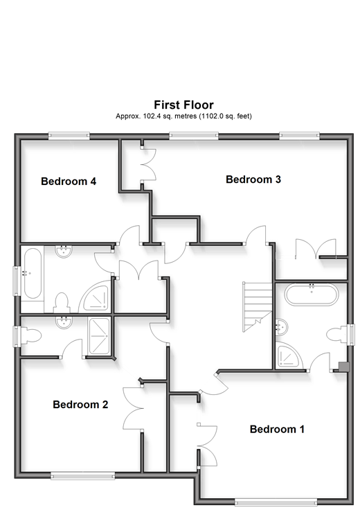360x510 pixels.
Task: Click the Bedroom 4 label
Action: click(x=69, y=181)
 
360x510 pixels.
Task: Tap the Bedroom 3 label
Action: click(x=253, y=179)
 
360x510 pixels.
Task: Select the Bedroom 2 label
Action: click(x=80, y=404)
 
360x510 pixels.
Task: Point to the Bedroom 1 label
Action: click(x=277, y=429)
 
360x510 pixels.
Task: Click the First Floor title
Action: click(x=183, y=105)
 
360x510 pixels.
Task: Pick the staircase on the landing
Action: click(x=258, y=307)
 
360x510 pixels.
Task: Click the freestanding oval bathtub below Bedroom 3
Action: click(x=312, y=294)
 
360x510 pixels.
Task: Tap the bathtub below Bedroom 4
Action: click(x=32, y=274)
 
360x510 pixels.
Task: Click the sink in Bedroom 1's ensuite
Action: click(x=281, y=328)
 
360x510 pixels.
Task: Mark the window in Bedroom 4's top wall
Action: click(x=69, y=136)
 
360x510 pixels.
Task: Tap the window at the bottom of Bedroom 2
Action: click(x=83, y=476)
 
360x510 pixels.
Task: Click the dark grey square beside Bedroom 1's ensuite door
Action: click(x=344, y=367)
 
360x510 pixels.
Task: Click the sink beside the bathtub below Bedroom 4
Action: click(x=64, y=252)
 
